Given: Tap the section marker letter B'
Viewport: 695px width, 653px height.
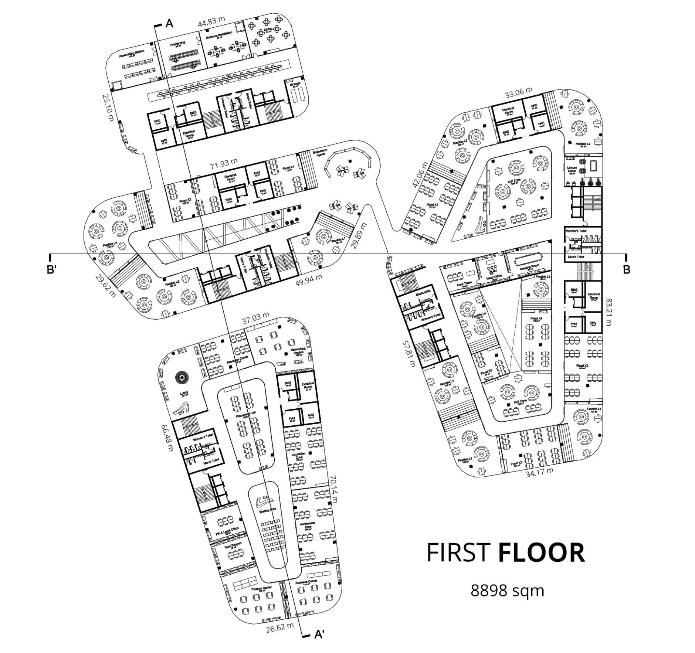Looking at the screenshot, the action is (51, 270).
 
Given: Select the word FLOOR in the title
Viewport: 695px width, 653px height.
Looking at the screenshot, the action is (541, 553).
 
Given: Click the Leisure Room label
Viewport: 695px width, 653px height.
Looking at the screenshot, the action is (572, 169).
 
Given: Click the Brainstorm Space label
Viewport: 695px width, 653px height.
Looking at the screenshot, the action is (318, 153).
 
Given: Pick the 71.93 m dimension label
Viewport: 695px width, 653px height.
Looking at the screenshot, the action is (224, 163).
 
